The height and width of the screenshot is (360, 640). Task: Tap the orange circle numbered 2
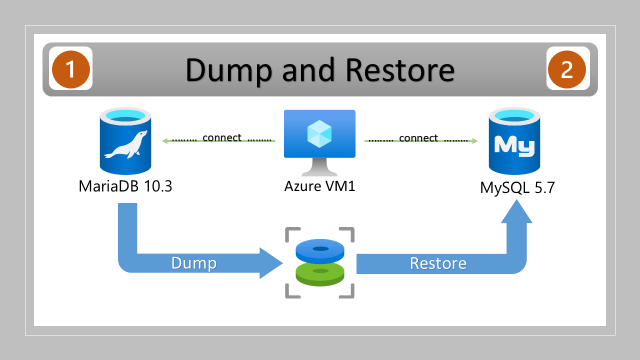pos(566,68)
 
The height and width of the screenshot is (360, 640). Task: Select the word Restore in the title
pos(400,69)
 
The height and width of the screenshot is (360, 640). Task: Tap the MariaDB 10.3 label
pos(125,186)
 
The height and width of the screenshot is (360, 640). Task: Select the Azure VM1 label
pos(320,186)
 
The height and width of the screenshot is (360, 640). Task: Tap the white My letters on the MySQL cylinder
pos(514,145)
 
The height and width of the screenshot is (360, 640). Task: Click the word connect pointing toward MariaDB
pos(222,138)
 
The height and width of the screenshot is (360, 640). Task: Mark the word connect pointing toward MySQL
pos(418,138)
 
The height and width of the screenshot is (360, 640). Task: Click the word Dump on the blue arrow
pos(194,263)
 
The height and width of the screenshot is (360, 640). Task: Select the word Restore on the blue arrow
pos(438,263)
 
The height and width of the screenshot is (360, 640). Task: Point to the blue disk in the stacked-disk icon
pos(320,250)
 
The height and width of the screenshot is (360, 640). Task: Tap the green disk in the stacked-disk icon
pos(320,273)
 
